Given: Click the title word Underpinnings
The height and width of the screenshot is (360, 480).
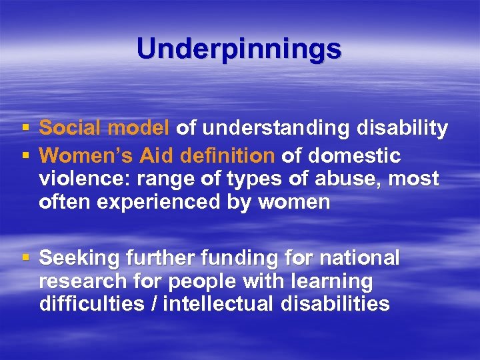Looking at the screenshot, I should (239, 49).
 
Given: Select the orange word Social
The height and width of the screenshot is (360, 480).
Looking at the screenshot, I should (71, 128).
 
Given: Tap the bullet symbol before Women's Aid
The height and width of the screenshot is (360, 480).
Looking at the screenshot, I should (25, 156).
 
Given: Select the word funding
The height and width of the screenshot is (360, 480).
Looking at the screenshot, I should (241, 258).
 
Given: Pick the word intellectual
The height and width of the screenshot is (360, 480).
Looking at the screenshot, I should (213, 305).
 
